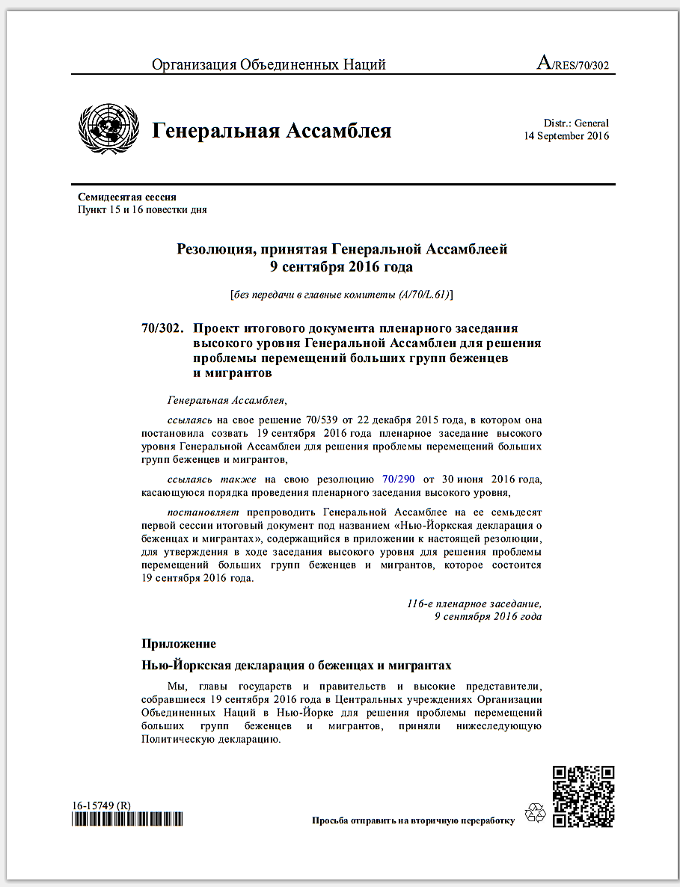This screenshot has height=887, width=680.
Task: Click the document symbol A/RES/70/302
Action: coord(573,64)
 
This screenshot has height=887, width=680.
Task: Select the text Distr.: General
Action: coord(576,123)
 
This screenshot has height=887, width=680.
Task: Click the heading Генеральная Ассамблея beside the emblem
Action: coord(272,132)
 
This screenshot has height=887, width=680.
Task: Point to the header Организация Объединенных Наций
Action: coord(269,65)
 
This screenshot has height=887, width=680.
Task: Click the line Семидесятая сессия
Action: coord(127,197)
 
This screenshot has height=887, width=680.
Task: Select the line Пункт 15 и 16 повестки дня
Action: coord(142,209)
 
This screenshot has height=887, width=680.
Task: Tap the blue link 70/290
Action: coord(398,479)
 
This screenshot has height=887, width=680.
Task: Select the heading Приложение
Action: coord(179,643)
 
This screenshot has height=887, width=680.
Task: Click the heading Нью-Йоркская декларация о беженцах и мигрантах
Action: coord(296,665)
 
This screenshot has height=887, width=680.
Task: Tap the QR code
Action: coord(583,796)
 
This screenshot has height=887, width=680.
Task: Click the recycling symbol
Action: coord(536,814)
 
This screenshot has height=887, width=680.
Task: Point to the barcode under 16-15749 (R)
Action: coord(127,820)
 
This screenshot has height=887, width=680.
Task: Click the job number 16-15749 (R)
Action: coord(102,805)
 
